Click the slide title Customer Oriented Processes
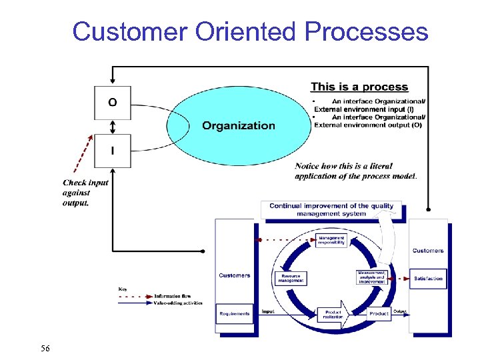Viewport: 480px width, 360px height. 250,31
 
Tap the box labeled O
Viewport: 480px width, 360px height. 112,103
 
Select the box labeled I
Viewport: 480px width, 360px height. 112,151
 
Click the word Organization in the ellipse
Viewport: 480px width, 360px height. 238,125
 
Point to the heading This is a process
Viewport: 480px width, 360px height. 359,87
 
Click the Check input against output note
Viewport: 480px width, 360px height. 85,193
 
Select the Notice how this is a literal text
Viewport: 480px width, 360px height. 356,171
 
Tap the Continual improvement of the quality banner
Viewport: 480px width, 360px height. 331,209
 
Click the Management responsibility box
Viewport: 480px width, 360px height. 331,241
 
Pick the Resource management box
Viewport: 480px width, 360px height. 291,278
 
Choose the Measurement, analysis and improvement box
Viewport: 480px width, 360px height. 371,277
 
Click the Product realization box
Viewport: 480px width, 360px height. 333,315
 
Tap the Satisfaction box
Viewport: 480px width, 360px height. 428,279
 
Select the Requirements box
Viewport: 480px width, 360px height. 235,313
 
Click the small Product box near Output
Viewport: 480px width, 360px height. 379,313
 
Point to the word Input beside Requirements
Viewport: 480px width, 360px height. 267,311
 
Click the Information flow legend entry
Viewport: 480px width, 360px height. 173,296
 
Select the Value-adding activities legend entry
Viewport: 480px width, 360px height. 177,303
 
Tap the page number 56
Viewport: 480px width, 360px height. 45,348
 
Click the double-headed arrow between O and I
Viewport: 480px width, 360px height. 112,127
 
